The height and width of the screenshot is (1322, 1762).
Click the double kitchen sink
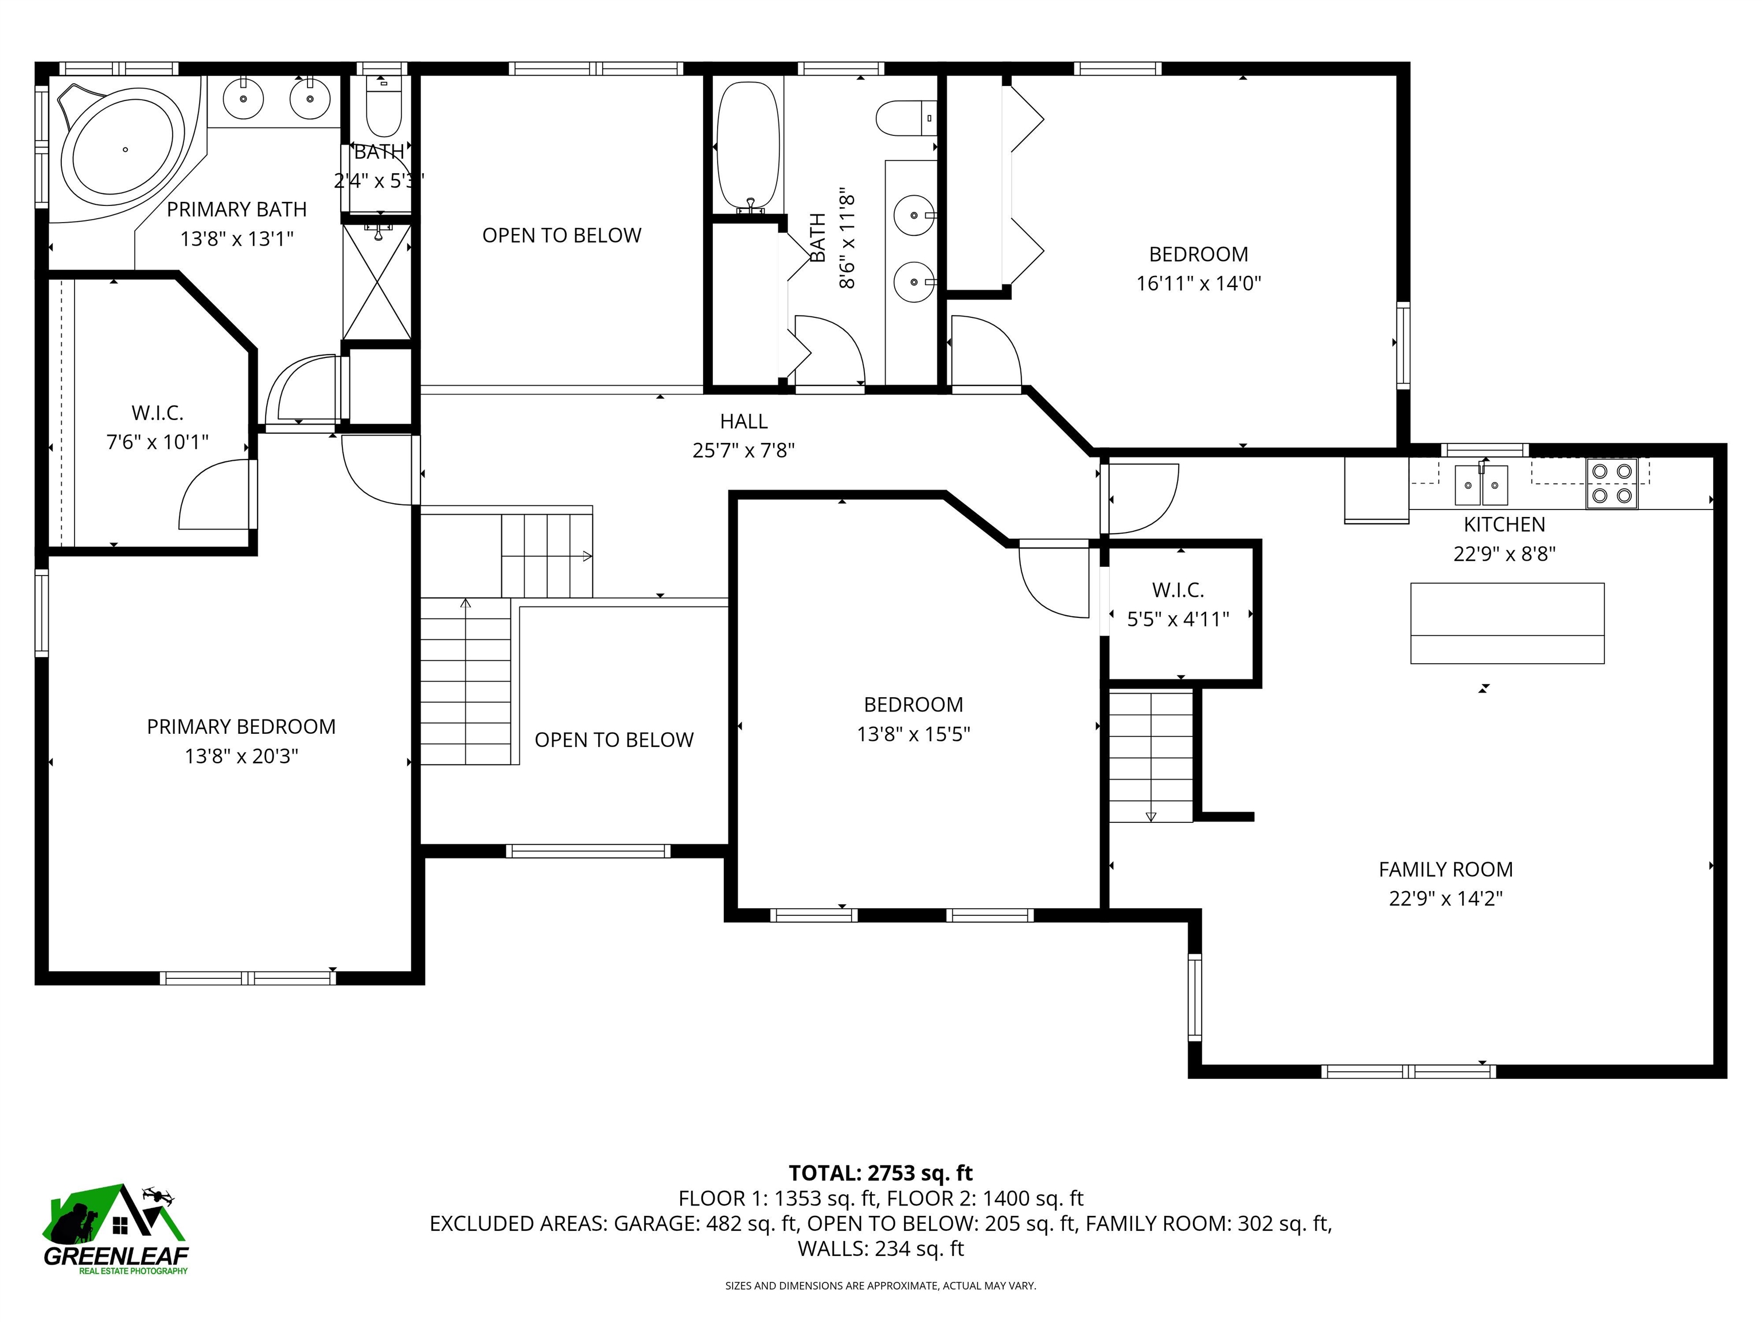pos(1481,485)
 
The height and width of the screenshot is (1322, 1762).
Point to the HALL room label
pos(743,422)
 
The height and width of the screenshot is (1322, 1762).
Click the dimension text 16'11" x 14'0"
pos(1198,283)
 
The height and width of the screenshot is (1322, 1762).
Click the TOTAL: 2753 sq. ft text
pos(880,1173)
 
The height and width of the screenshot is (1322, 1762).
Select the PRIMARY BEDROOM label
pos(240,727)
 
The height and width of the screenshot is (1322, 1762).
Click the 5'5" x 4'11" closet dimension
pos(1178,619)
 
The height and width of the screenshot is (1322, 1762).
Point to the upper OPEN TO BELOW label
pos(562,236)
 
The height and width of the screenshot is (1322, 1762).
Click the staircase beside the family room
pos(1151,756)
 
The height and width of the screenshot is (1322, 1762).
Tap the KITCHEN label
pos(1504,524)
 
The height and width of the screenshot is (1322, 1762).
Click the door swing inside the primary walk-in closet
pos(213,498)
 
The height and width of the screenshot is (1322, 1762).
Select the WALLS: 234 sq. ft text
pos(880,1249)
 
